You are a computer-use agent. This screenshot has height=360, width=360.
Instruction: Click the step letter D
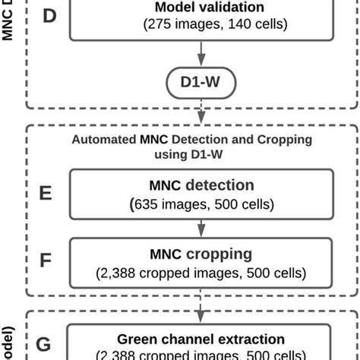[x=49, y=15]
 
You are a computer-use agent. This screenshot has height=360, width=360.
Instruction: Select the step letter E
[x=46, y=193]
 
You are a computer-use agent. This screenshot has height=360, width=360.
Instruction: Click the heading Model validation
[x=200, y=8]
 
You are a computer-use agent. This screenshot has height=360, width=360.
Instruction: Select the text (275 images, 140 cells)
[x=201, y=24]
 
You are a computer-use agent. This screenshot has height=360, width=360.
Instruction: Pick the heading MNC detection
[x=201, y=185]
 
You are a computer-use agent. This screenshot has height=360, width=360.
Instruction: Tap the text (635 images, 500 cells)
[x=201, y=203]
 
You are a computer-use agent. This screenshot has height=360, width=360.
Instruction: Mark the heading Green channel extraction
[x=201, y=339]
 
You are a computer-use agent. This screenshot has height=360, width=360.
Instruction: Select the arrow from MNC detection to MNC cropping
[x=201, y=226]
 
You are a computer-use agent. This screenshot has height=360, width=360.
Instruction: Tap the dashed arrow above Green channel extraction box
[x=201, y=311]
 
